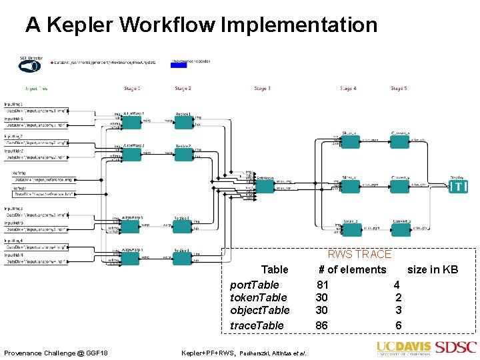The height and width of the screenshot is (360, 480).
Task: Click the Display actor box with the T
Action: [458, 187]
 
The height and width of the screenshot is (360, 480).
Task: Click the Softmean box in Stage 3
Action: [265, 186]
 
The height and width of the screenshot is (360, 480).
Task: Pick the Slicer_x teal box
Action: [351, 146]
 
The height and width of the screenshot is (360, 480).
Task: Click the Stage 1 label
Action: [132, 89]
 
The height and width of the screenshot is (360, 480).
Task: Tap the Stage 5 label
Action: [398, 89]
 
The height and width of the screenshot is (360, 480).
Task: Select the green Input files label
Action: [36, 89]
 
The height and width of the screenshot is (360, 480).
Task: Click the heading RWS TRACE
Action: [359, 254]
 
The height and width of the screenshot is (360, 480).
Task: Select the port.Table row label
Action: [255, 284]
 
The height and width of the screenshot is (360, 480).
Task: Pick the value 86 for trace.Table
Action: [321, 325]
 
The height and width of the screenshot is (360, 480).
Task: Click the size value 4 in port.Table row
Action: [397, 284]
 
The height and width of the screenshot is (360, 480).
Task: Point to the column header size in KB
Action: [433, 269]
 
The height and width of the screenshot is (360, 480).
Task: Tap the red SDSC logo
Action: [456, 347]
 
